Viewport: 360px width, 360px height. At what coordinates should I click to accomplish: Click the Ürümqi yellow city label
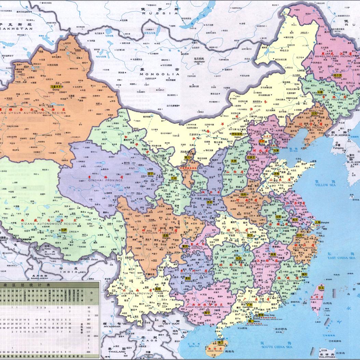(x=57, y=87)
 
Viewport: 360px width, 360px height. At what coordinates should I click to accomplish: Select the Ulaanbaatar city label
(x=199, y=62)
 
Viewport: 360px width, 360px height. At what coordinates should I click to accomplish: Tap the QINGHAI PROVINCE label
(x=111, y=180)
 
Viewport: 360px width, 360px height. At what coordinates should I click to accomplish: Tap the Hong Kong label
(x=269, y=315)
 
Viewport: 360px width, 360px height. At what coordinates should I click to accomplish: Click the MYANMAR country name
(x=111, y=327)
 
